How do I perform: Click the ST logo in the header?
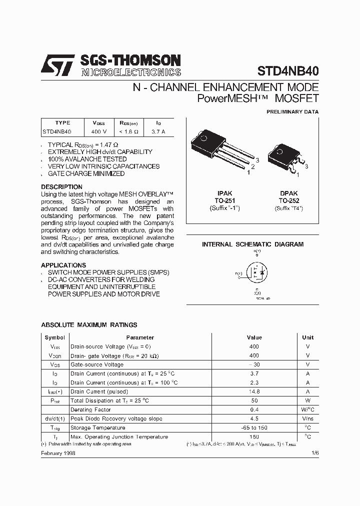point(57,65)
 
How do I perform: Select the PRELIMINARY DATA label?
point(292,112)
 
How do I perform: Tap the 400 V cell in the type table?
point(98,132)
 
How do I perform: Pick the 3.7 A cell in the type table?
point(158,132)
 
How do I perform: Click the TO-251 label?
point(224,200)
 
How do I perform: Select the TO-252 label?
point(288,200)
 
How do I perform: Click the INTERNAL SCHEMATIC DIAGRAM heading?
point(252,244)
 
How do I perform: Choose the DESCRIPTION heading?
point(61,187)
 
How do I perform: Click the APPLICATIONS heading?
point(63,265)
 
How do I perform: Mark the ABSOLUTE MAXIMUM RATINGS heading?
point(89,325)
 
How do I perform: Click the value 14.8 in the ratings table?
point(254,392)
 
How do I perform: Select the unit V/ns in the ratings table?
point(307,419)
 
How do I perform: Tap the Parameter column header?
point(140,337)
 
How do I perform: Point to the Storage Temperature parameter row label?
point(97,428)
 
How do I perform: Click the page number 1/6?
point(314,452)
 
